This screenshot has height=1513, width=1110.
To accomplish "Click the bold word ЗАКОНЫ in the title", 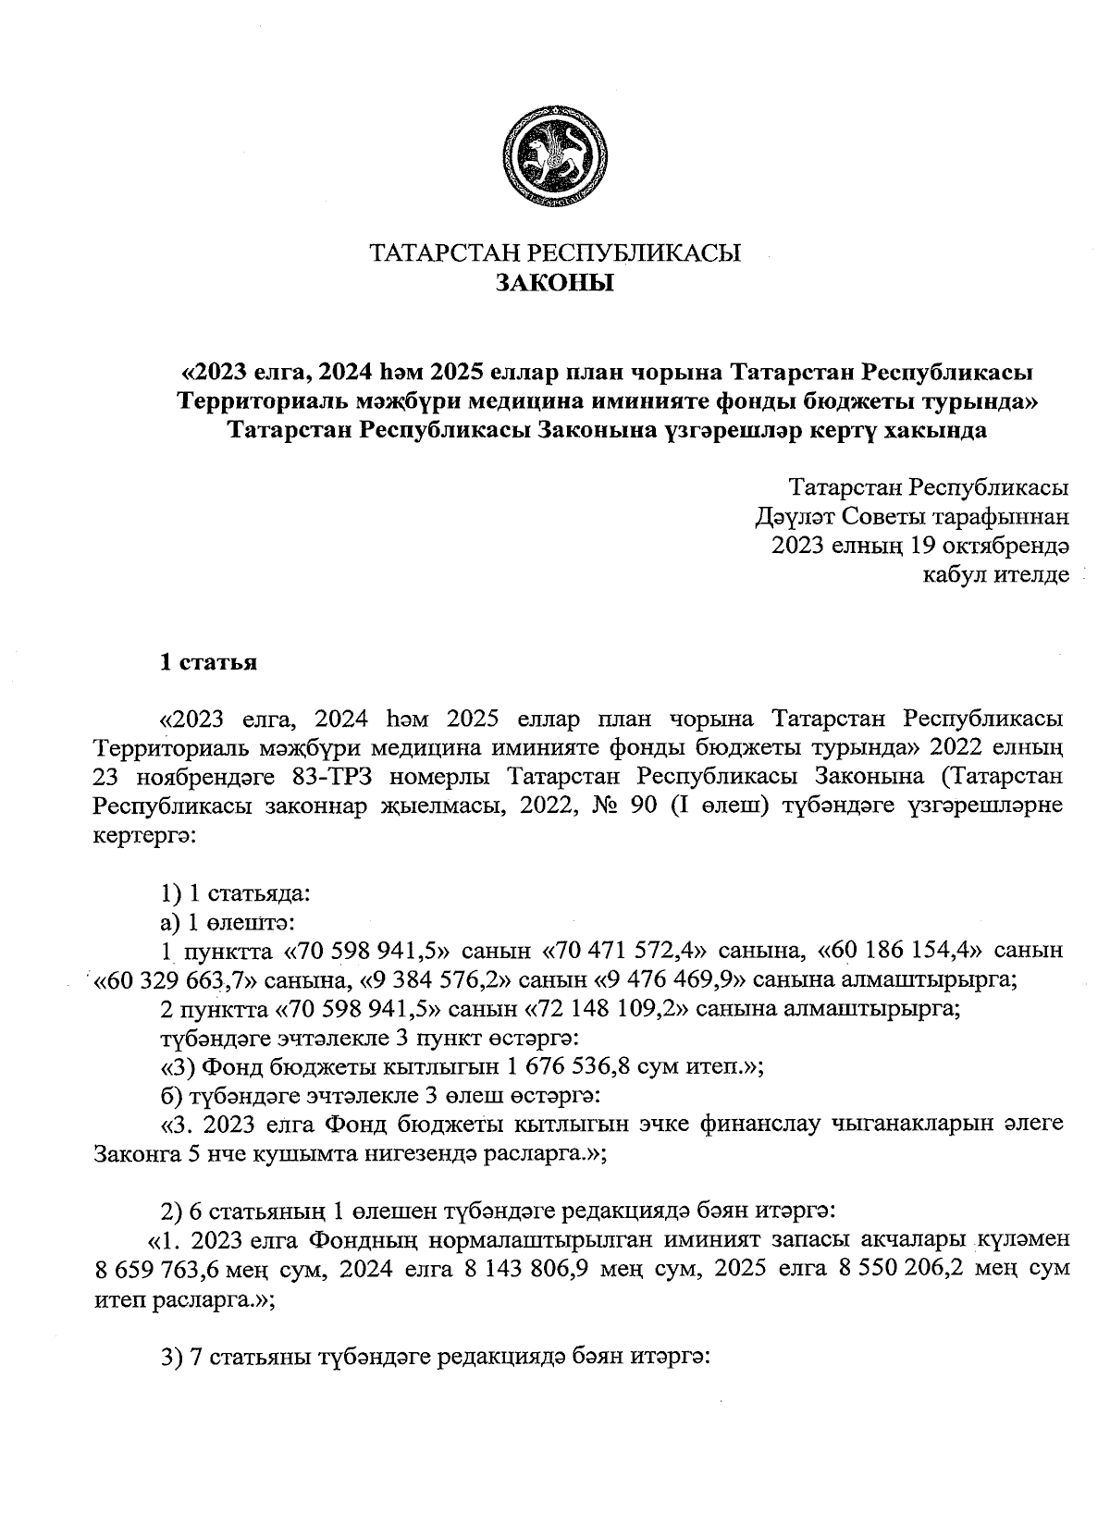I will click(x=555, y=283).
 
